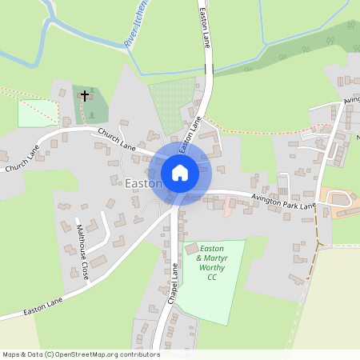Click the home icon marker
pyautogui.click(x=179, y=173)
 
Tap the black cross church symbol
pyautogui.click(x=85, y=96)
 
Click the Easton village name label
pyautogui.click(x=143, y=183)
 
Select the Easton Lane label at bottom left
pyautogui.click(x=42, y=305)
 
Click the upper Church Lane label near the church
pyautogui.click(x=116, y=140)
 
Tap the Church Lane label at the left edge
pyautogui.click(x=20, y=158)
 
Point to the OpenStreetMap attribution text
pyautogui.click(x=81, y=354)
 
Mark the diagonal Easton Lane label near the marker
pyautogui.click(x=189, y=134)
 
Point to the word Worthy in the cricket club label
pyautogui.click(x=212, y=268)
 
